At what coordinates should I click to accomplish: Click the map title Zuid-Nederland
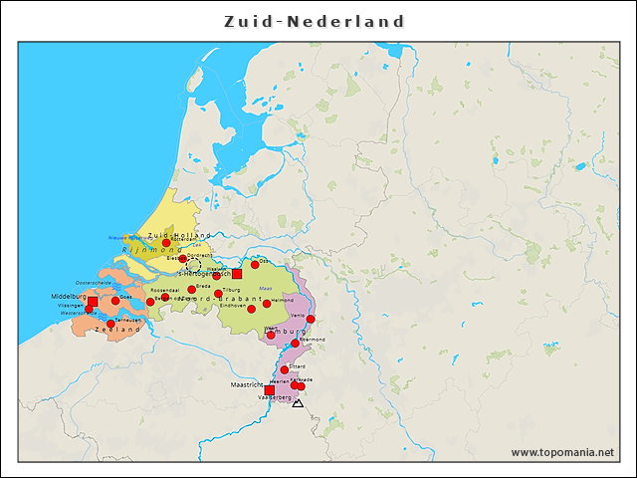[315, 21]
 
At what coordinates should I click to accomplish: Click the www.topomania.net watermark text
[562, 452]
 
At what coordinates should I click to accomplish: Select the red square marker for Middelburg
[93, 301]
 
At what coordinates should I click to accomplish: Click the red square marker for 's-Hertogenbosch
[237, 273]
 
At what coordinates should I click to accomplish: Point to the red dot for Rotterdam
[166, 243]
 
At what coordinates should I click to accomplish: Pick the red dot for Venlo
[311, 320]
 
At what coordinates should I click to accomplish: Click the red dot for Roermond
[295, 344]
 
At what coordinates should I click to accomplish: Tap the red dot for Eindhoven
[251, 309]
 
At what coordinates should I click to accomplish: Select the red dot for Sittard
[284, 369]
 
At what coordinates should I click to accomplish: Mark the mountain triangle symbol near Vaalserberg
[298, 403]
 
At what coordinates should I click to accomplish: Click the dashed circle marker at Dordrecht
[193, 264]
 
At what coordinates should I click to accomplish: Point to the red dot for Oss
[255, 265]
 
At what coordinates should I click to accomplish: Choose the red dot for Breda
[191, 290]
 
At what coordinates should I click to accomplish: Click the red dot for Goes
[115, 300]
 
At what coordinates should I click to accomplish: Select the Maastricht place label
[247, 383]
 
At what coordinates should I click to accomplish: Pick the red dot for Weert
[271, 335]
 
